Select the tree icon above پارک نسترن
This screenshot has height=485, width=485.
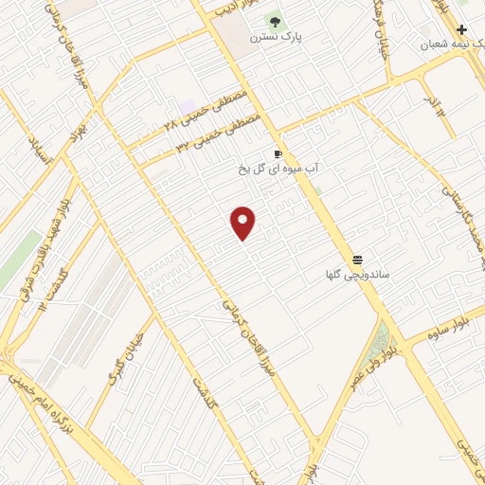click(x=274, y=21)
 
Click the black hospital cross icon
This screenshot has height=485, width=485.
click(x=461, y=29)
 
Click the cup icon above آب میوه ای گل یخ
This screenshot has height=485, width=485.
click(x=278, y=153)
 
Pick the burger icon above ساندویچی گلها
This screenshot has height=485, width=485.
click(x=358, y=259)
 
